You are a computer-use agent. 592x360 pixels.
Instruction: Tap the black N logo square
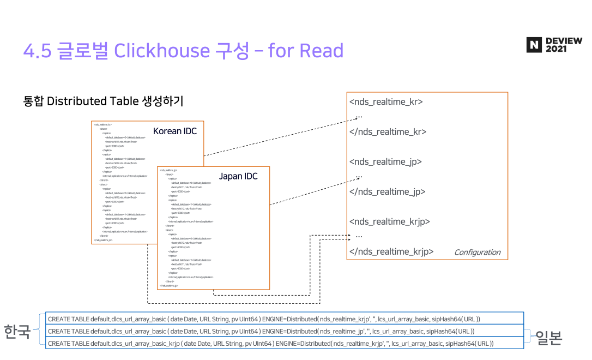click(534, 45)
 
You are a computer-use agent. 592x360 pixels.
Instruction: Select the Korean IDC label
click(174, 131)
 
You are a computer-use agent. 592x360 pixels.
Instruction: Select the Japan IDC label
click(238, 177)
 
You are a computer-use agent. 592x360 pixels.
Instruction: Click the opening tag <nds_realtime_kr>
click(386, 102)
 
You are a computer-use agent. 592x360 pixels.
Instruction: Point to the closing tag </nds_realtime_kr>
click(388, 132)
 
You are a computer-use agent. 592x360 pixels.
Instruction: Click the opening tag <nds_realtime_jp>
click(385, 162)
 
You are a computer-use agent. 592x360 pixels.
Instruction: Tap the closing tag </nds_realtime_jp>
click(387, 192)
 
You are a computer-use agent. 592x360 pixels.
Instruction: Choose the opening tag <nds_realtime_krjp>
click(389, 222)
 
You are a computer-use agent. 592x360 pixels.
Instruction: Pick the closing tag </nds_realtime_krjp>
click(391, 251)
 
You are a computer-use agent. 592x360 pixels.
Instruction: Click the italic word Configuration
click(477, 252)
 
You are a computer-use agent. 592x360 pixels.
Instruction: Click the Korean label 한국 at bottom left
click(17, 331)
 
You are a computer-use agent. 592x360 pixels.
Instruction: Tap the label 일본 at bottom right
click(548, 338)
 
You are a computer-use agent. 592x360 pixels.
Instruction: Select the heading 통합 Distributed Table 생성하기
click(103, 101)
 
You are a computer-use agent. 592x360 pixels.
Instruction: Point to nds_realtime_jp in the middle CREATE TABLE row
click(342, 331)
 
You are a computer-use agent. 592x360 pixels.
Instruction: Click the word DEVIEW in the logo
click(564, 41)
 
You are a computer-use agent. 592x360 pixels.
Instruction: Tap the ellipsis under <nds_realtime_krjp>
click(359, 236)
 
